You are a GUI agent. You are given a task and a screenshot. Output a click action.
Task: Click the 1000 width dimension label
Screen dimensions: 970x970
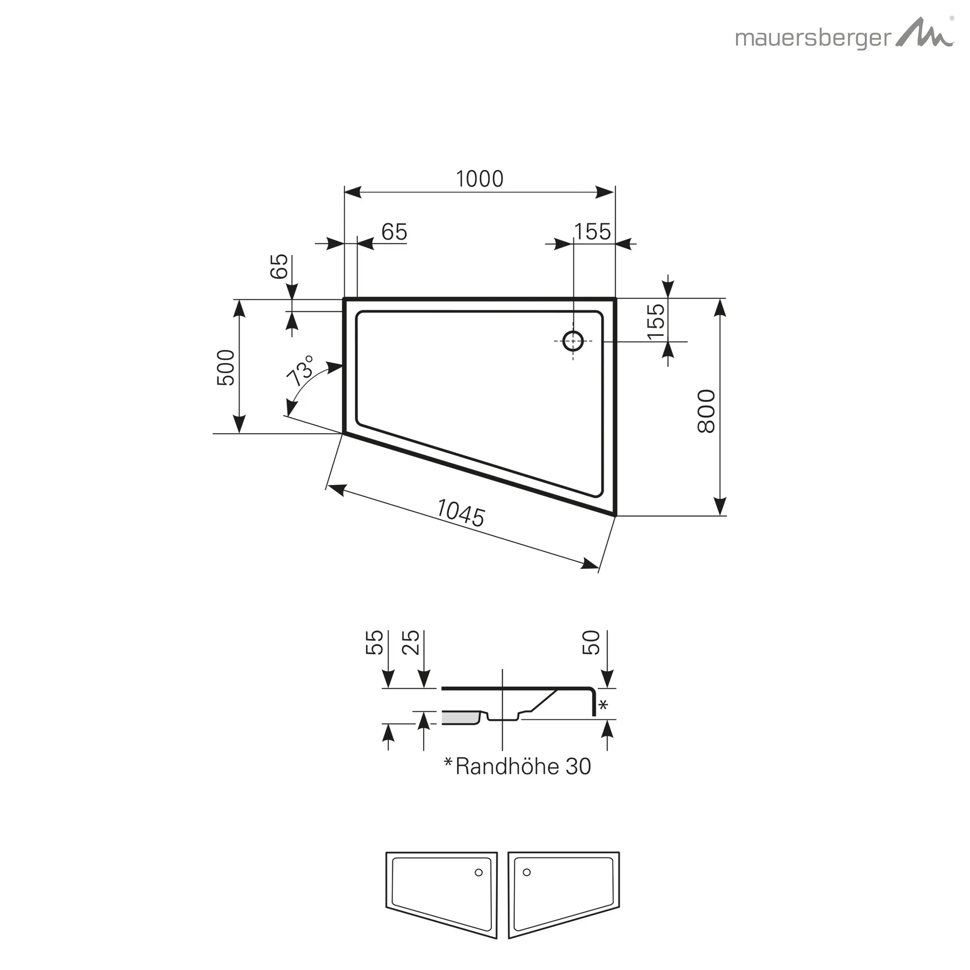point(479,179)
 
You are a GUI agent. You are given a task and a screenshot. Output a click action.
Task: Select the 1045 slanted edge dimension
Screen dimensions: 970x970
point(460,512)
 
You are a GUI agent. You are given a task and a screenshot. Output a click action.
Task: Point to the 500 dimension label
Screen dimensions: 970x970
point(226,368)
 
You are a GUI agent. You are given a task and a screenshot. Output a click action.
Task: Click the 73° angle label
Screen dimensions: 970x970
point(300,370)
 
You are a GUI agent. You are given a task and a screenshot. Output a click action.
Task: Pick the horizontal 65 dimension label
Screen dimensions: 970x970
point(394,232)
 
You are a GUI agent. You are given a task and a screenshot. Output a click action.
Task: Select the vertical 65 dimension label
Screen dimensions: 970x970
point(279,266)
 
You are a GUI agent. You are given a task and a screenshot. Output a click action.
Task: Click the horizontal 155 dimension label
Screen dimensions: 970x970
point(593,232)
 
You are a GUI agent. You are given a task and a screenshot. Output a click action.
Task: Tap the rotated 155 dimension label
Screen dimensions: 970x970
point(656,322)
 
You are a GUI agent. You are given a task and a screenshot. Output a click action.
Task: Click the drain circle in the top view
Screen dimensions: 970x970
point(573,341)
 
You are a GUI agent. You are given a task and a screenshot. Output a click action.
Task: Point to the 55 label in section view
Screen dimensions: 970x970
point(375,643)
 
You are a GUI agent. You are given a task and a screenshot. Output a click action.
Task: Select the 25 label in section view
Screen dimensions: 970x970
point(411,643)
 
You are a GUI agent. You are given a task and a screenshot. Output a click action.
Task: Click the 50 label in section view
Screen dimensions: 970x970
point(592,643)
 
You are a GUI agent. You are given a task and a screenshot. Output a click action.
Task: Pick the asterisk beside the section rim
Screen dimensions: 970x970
point(603,705)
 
